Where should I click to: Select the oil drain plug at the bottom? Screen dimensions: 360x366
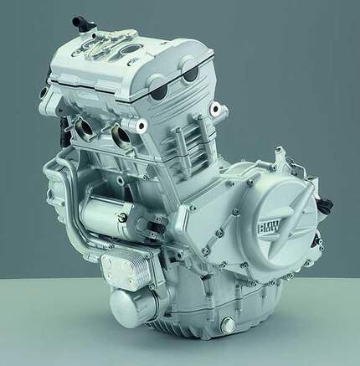coord(227,324)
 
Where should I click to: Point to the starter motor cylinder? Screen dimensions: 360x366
coord(107,215)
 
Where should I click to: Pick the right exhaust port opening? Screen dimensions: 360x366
coord(121,137)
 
